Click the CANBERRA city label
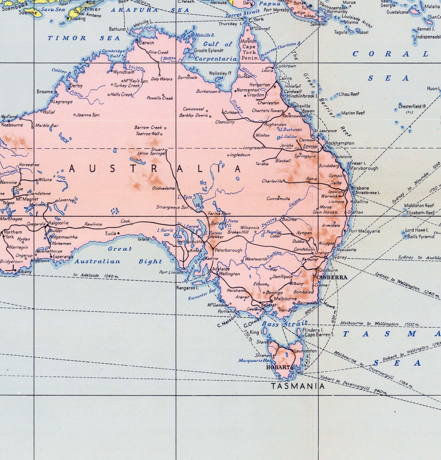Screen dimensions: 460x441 tap(332, 277)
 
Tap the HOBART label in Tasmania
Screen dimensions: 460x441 tap(278, 367)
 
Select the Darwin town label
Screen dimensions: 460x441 tap(146, 43)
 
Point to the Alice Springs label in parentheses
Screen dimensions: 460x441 tap(152, 154)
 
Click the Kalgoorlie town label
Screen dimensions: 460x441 tap(59, 223)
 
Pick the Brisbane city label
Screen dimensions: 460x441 tap(360, 188)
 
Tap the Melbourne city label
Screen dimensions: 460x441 tap(285, 299)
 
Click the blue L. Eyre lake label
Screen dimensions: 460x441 tap(185, 197)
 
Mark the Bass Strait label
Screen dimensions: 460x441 tap(285, 324)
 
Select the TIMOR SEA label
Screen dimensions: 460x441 tap(84, 38)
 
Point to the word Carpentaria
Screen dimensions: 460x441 tap(216, 59)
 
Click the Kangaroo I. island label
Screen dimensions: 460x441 tap(187, 288)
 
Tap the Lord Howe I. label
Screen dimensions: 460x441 tap(417, 230)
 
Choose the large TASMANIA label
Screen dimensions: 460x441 tap(298, 386)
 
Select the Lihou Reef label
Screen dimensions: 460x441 tap(349, 94)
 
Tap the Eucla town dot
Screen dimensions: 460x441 tap(119, 233)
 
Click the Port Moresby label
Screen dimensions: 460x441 tap(276, 10)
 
